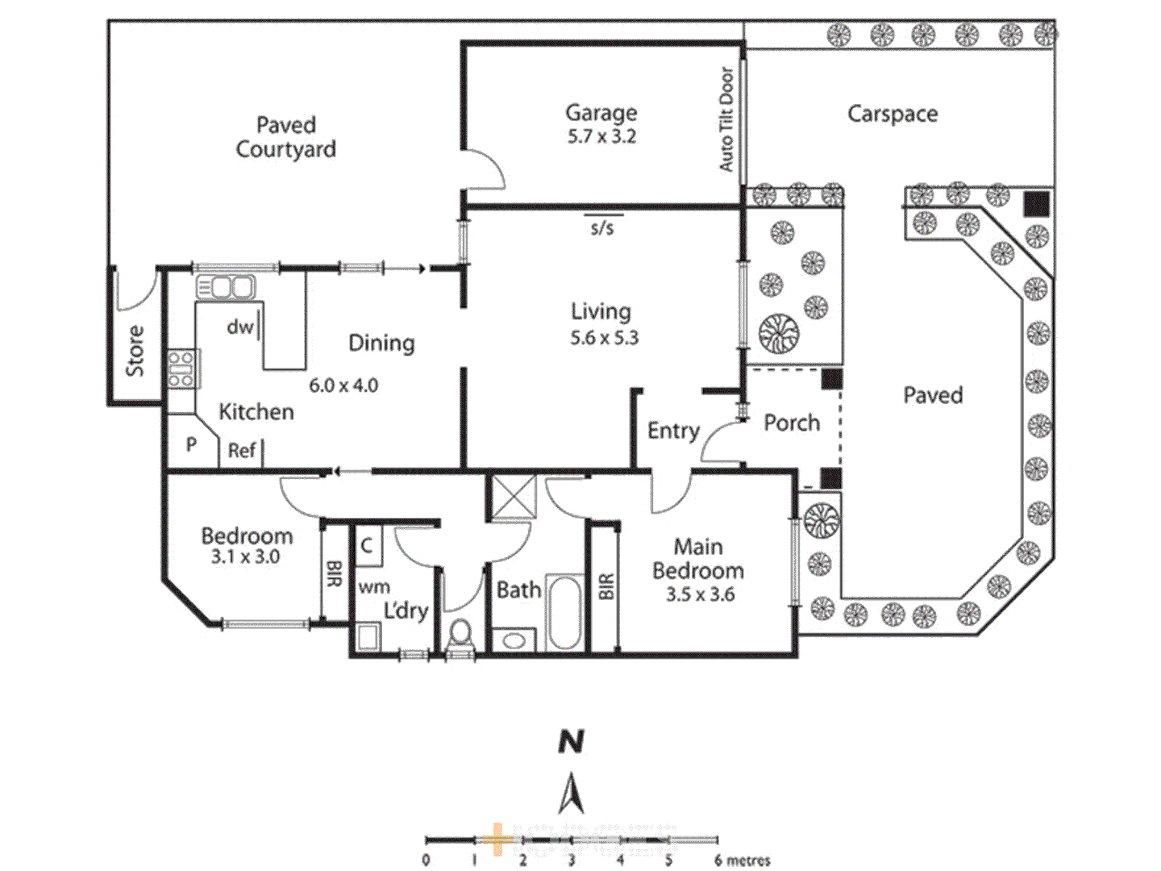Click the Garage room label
(x=601, y=113)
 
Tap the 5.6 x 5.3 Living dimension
(x=604, y=338)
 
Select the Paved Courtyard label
(x=285, y=137)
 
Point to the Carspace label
(x=893, y=114)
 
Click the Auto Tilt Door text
(x=726, y=119)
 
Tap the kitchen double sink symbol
(x=226, y=286)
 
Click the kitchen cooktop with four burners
(x=181, y=369)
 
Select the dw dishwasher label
(x=239, y=327)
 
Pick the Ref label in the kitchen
(x=242, y=450)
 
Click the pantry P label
(x=191, y=444)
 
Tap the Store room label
(x=135, y=351)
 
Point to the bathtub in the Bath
(x=564, y=612)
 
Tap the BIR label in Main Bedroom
(x=606, y=586)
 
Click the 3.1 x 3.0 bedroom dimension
(x=245, y=556)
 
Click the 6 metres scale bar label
(x=742, y=861)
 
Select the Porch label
(x=791, y=423)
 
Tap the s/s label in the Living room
(x=601, y=228)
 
